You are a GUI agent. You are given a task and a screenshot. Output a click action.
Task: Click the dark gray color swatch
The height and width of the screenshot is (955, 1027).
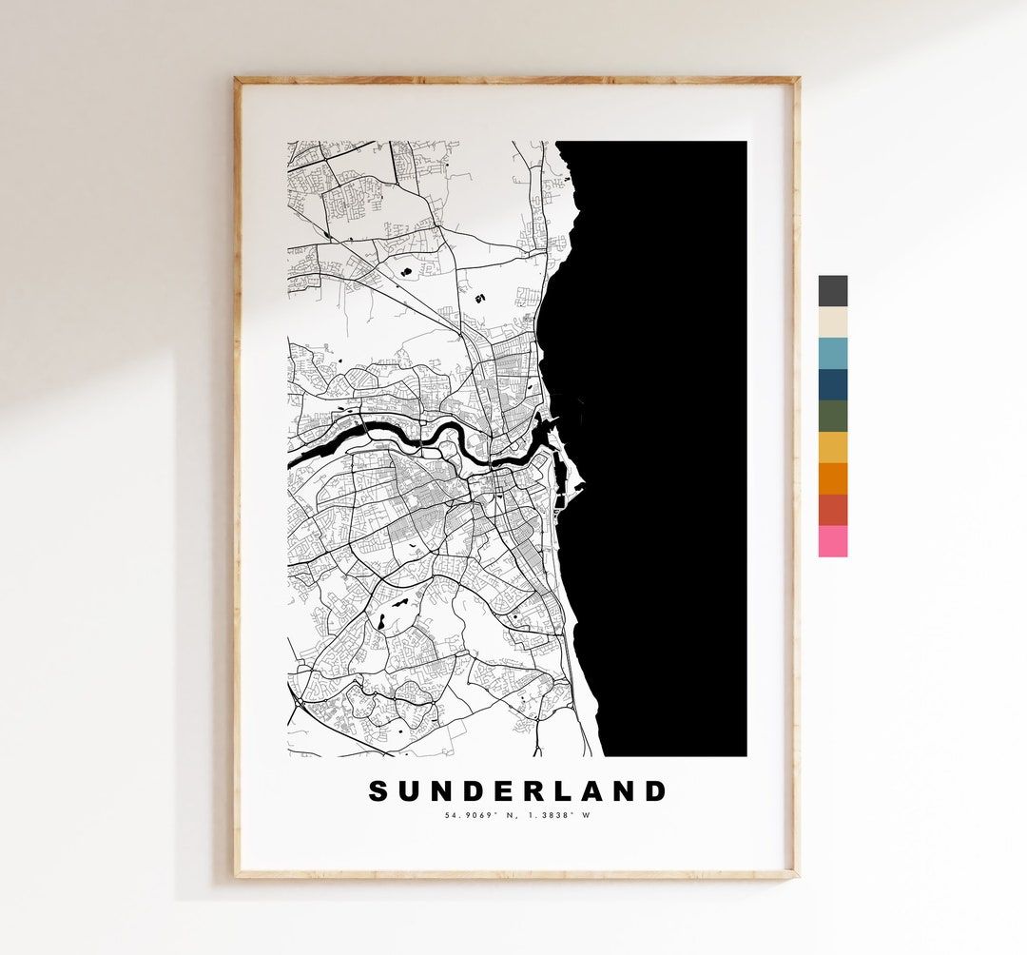click(x=832, y=291)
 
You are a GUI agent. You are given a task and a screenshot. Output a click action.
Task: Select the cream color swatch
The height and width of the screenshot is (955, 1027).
click(x=832, y=322)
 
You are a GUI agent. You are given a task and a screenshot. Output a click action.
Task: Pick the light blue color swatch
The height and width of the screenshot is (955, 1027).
click(x=832, y=353)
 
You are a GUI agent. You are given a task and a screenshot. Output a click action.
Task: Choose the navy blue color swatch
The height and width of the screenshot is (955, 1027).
click(x=832, y=384)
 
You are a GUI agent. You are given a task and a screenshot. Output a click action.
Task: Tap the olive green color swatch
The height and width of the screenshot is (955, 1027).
click(x=832, y=416)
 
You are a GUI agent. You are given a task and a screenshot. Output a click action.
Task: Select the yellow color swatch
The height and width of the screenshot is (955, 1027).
click(x=832, y=447)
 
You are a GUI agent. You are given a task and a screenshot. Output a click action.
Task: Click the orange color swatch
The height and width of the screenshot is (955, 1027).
click(x=832, y=478)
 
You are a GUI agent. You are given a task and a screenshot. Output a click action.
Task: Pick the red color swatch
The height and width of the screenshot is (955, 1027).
click(x=832, y=510)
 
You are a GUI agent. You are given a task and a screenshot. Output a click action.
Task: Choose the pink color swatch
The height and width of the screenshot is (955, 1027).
click(x=832, y=541)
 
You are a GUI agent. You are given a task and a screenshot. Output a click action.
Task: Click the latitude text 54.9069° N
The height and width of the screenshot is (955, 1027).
click(x=480, y=815)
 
